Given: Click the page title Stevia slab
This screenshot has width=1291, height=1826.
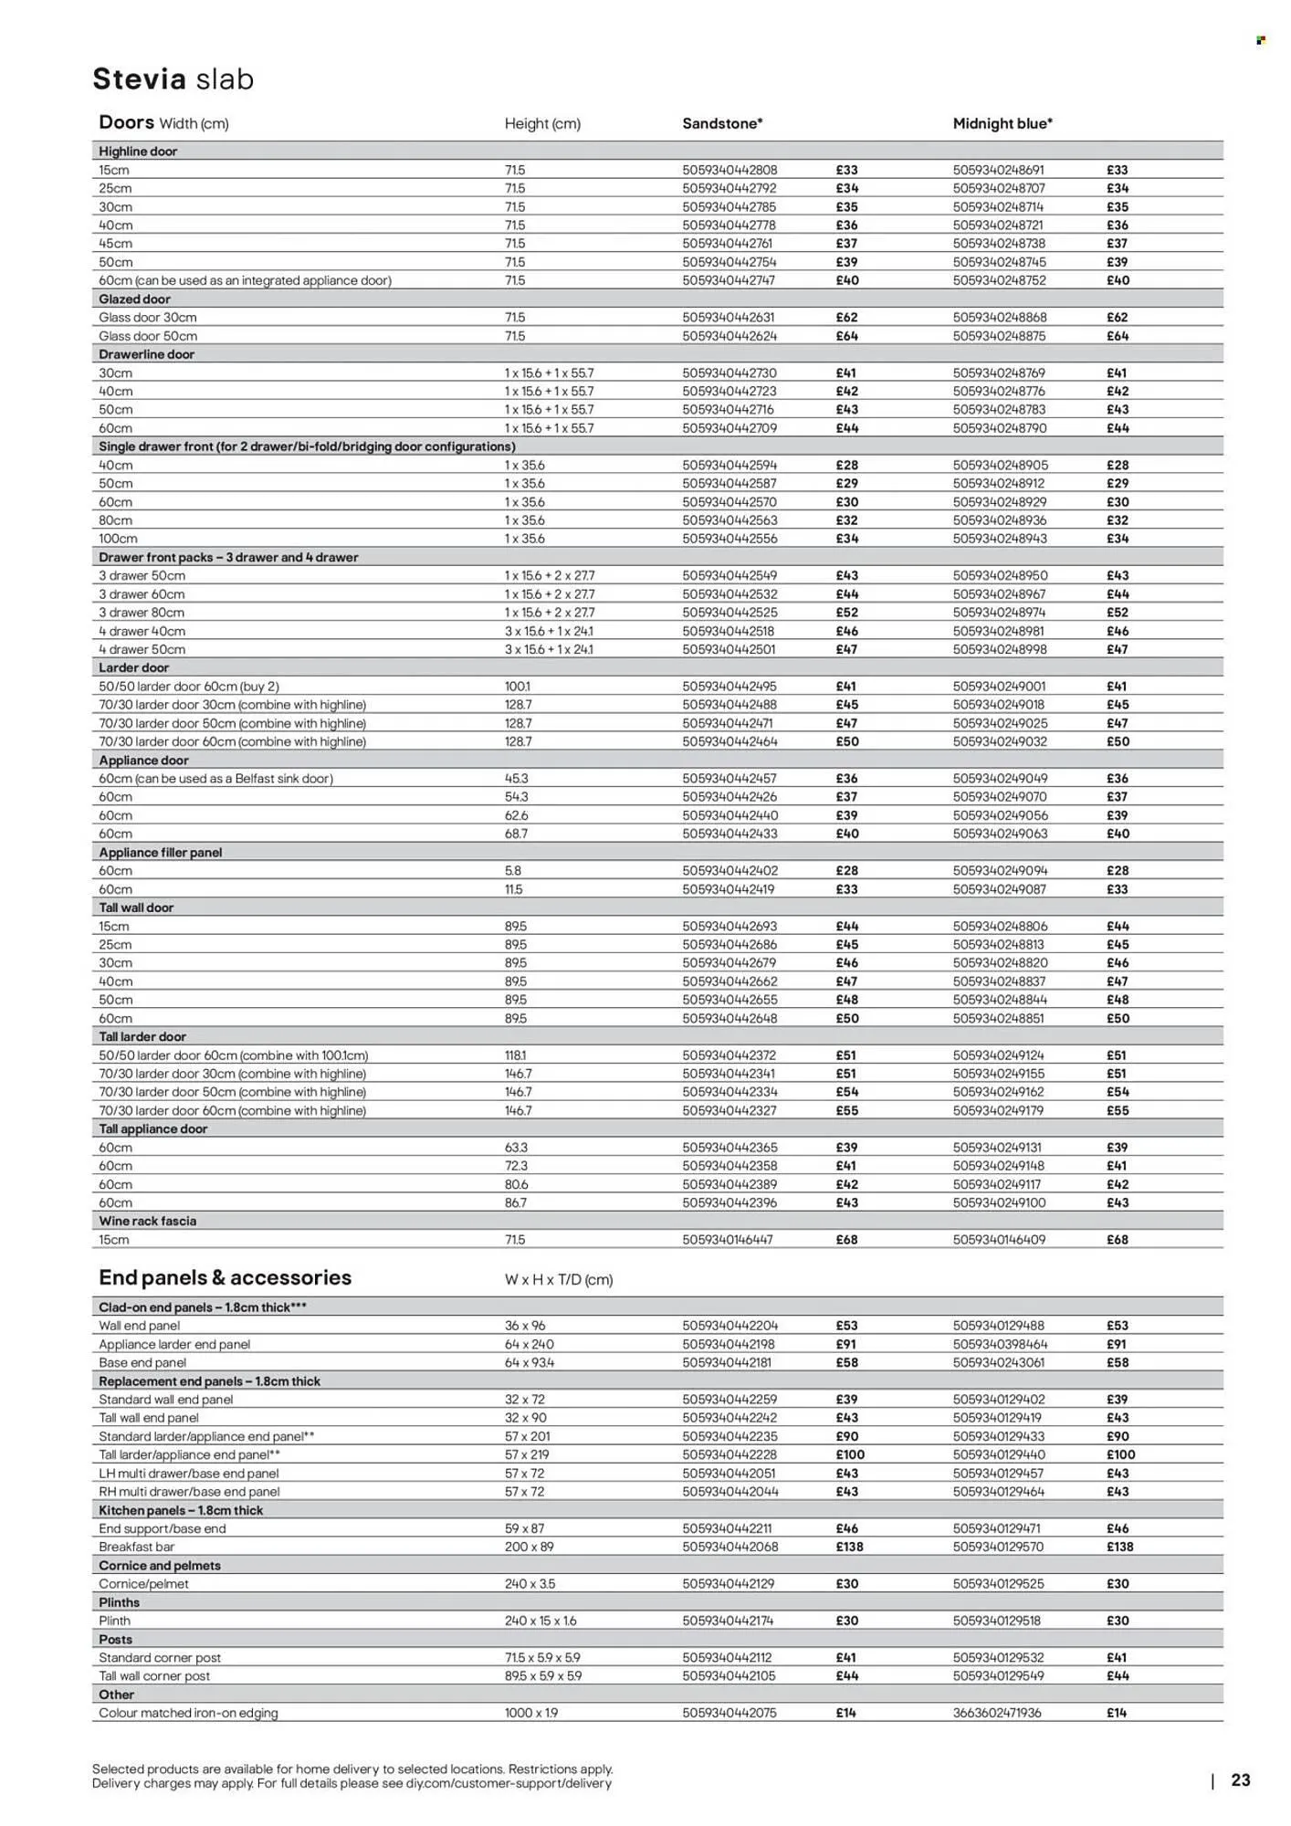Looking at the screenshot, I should (173, 79).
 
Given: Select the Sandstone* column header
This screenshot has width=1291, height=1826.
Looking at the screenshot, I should (722, 123).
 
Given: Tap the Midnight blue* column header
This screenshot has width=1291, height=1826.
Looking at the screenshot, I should (1002, 123).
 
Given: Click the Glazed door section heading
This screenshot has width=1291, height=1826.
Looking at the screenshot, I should (134, 299).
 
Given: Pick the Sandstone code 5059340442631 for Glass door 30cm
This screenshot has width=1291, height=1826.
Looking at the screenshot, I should (729, 318).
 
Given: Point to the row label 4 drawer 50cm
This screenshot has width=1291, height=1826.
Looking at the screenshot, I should (142, 649).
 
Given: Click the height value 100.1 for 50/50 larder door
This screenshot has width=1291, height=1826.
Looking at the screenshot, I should (518, 687).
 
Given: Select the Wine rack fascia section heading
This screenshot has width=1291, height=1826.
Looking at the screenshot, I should (147, 1221).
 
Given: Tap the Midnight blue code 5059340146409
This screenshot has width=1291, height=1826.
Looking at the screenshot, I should (999, 1240).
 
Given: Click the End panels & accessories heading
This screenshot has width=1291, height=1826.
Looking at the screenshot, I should (225, 1277).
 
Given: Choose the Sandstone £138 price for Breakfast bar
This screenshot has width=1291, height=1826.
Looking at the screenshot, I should (848, 1547).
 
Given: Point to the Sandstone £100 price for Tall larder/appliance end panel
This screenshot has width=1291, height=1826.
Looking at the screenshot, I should (849, 1454).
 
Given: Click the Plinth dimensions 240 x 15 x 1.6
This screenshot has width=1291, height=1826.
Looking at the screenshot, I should (541, 1621).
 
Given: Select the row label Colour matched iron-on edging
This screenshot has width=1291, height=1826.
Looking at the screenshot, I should (188, 1713).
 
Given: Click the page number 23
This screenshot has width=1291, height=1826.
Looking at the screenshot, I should (1240, 1779).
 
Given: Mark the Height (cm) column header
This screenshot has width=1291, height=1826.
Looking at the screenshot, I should (542, 123).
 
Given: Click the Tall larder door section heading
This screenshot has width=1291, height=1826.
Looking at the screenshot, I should (142, 1036).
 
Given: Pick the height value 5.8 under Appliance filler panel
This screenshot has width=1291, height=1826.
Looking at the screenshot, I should (513, 871).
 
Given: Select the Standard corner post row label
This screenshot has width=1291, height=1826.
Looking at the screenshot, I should (160, 1657).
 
